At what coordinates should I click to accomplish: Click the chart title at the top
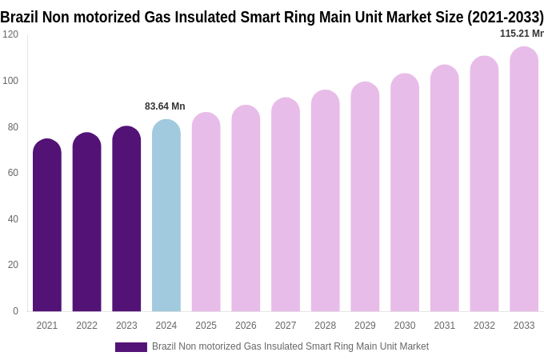(x=272, y=17)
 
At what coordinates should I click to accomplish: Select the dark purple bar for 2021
(x=47, y=228)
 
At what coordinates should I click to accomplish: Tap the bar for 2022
(x=86, y=224)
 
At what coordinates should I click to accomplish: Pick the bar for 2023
(x=126, y=220)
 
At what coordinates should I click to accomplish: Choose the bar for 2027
(x=286, y=206)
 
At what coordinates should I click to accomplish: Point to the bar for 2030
(x=405, y=194)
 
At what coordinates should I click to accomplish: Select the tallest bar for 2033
(x=524, y=180)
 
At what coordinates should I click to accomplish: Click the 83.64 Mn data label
(x=165, y=106)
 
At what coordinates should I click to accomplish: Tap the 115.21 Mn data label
(x=522, y=34)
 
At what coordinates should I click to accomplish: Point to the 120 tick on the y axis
(x=10, y=34)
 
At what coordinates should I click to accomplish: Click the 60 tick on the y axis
(x=13, y=173)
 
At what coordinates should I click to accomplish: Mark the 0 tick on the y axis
(x=15, y=311)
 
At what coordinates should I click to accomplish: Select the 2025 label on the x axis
(x=206, y=326)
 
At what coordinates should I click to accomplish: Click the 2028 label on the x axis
(x=325, y=326)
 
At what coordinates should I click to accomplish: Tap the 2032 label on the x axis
(x=484, y=326)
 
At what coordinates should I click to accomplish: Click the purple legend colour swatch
(x=131, y=347)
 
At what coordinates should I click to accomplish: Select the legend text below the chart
(x=290, y=346)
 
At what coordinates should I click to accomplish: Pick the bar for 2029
(x=365, y=198)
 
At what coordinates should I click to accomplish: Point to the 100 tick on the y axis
(x=10, y=81)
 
